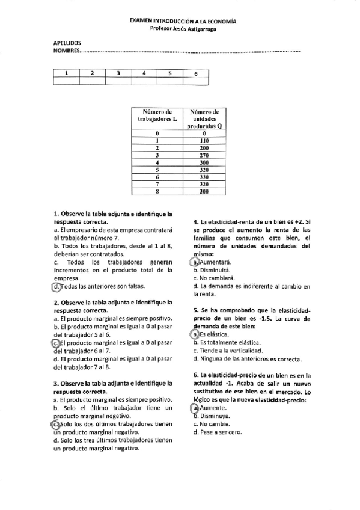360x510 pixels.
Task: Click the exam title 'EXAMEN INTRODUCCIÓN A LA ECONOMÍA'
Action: point(183,21)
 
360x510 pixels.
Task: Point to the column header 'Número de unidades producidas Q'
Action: point(204,119)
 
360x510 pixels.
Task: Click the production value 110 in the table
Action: point(204,140)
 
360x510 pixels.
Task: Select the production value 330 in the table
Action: point(204,177)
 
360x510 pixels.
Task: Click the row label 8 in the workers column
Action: point(157,192)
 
